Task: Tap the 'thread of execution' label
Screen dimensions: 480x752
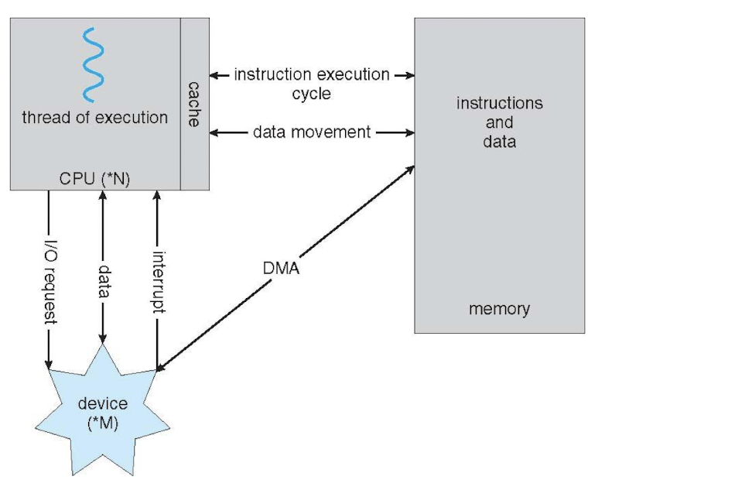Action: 95,118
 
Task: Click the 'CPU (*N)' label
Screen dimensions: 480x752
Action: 94,179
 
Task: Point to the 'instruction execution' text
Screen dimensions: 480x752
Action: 312,75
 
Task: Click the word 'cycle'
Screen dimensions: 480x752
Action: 312,94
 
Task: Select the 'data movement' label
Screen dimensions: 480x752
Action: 312,132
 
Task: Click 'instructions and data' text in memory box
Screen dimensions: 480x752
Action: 499,122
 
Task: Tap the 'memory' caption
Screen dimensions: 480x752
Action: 499,309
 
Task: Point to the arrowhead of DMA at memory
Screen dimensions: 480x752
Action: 410,166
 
